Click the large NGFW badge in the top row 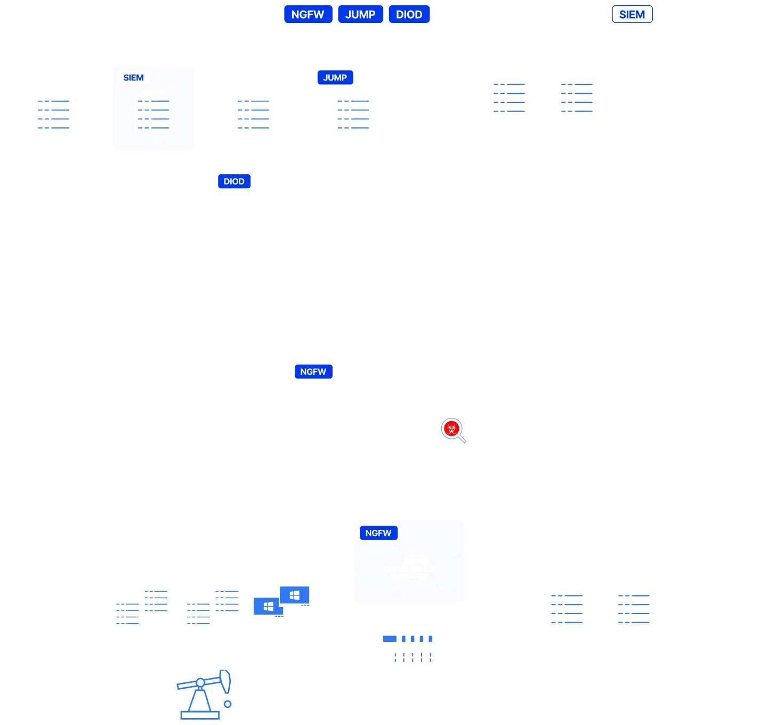click(x=308, y=14)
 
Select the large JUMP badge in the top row click(x=360, y=14)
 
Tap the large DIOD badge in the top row click(x=409, y=14)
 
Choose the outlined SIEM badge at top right click(x=632, y=14)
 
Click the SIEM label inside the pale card click(x=134, y=78)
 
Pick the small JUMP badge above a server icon click(x=335, y=78)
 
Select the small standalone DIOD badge click(x=234, y=181)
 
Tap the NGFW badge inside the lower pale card click(x=378, y=533)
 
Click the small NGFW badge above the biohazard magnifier click(x=313, y=372)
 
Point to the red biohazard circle click(x=452, y=429)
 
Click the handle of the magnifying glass click(x=462, y=439)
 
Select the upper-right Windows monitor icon click(x=295, y=595)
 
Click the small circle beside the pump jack click(x=228, y=704)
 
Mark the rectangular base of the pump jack click(x=200, y=715)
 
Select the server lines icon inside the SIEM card click(x=153, y=115)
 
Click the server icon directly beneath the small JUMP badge click(x=353, y=115)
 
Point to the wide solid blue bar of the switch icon click(x=390, y=639)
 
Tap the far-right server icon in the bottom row click(x=634, y=609)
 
